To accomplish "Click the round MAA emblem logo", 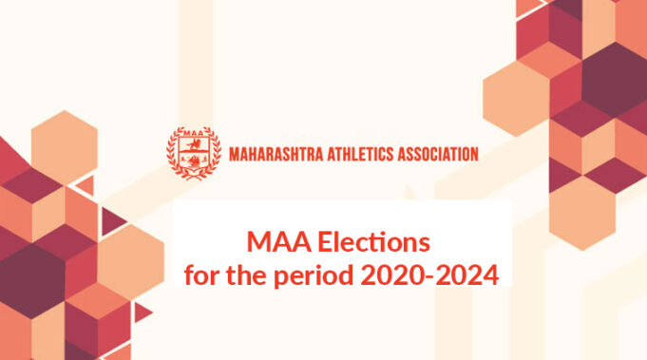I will pos(195,152).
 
